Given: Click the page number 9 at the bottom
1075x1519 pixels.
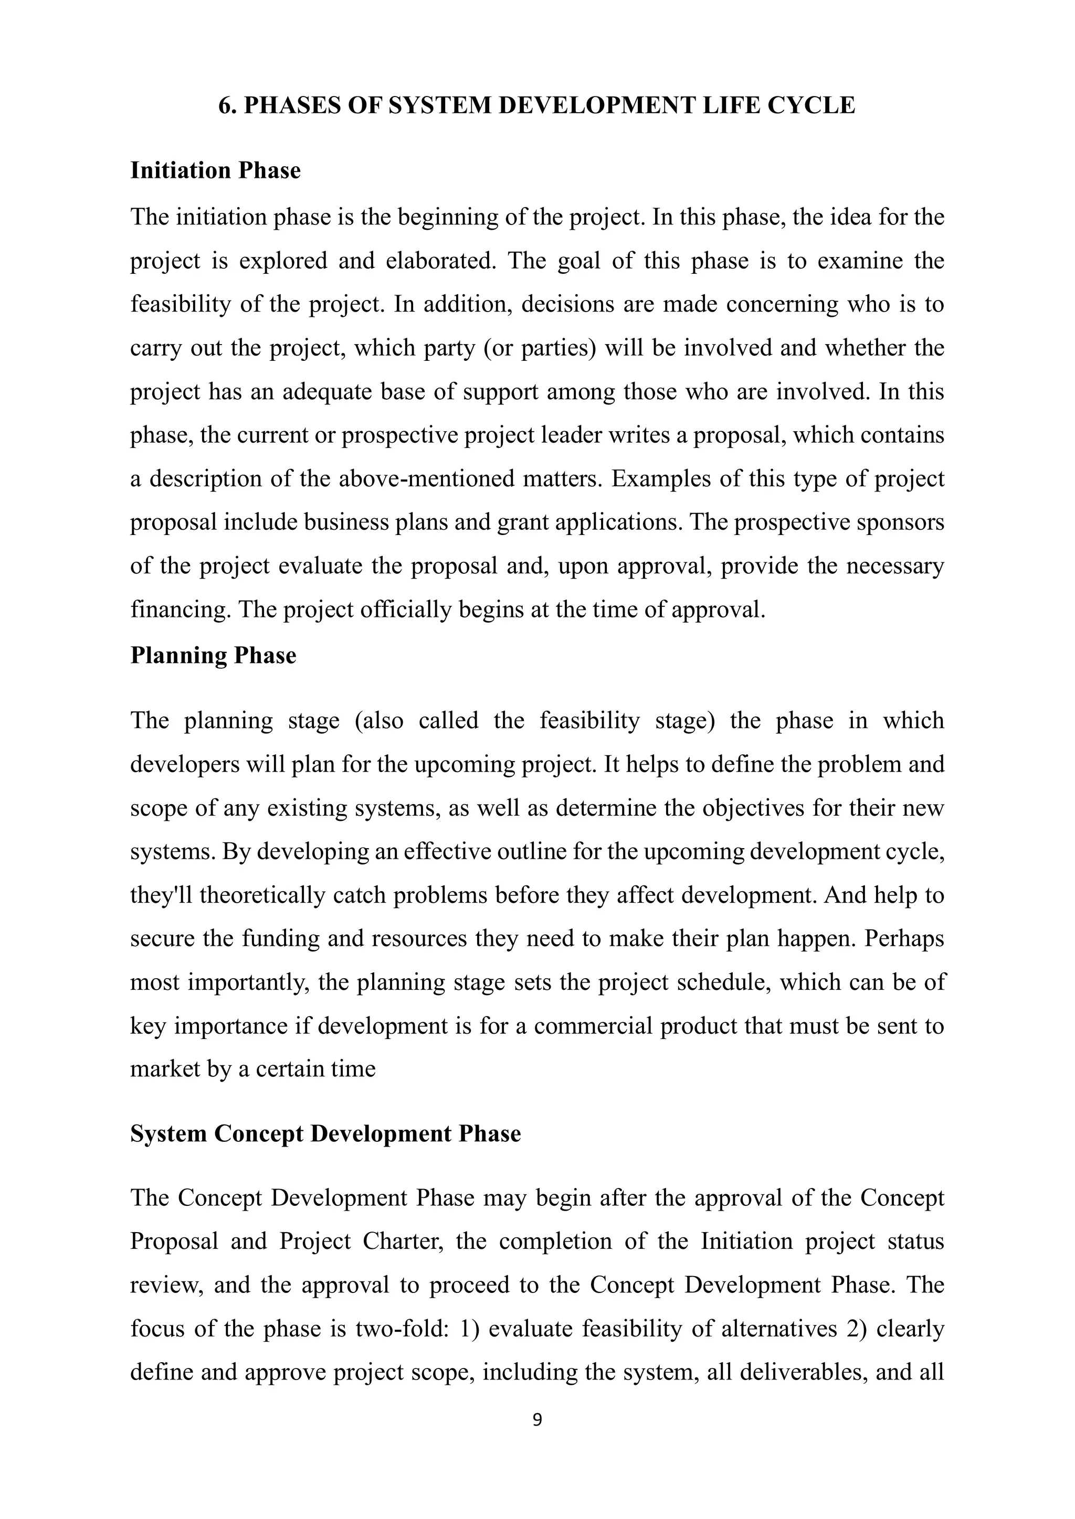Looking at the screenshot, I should [x=537, y=1419].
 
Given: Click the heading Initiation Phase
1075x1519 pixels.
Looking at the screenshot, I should [x=215, y=170].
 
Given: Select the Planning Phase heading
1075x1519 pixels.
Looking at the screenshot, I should [x=213, y=655].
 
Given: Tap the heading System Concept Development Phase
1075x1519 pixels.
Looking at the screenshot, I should [x=325, y=1133].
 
